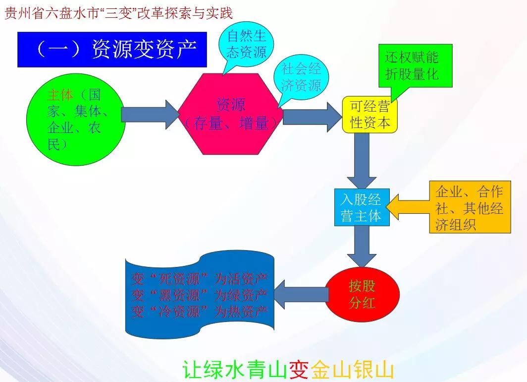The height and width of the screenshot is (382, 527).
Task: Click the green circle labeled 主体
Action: tap(74, 120)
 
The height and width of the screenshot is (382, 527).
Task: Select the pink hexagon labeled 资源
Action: tap(231, 114)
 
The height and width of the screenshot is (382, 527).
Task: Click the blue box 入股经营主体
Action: tap(361, 207)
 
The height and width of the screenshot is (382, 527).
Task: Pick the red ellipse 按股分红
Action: tap(362, 294)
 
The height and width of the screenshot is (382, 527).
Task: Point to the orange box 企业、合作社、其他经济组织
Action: tap(470, 207)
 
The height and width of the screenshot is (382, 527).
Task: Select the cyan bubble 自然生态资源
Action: tap(247, 44)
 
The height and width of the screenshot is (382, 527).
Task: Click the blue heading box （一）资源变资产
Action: tap(112, 49)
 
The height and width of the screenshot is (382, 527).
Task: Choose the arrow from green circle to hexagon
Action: tap(149, 115)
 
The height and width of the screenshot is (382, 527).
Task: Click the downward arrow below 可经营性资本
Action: tap(362, 159)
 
